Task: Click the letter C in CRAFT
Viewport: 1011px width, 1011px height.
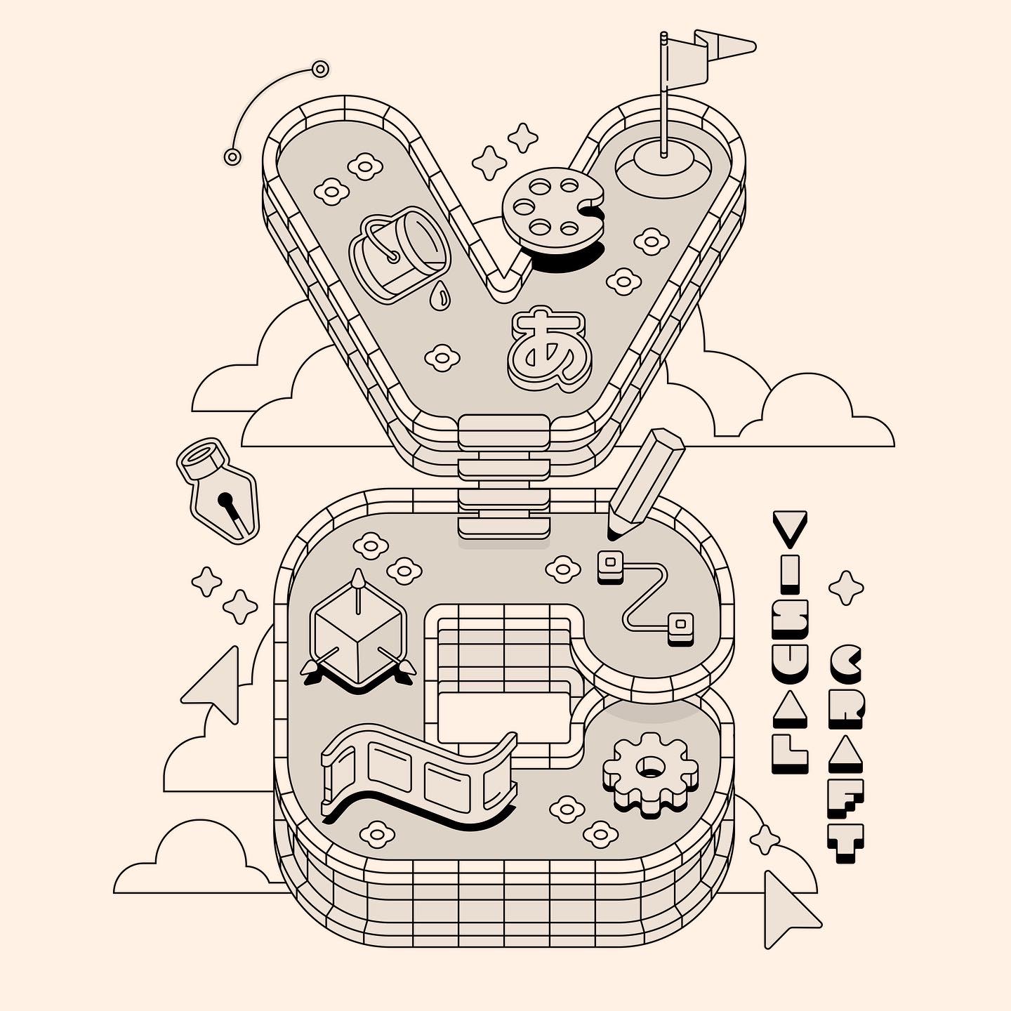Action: pyautogui.click(x=846, y=663)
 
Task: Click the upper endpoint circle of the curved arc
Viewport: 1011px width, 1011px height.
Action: pyautogui.click(x=320, y=69)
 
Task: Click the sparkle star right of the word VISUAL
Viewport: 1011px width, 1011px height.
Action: pyautogui.click(x=846, y=588)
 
